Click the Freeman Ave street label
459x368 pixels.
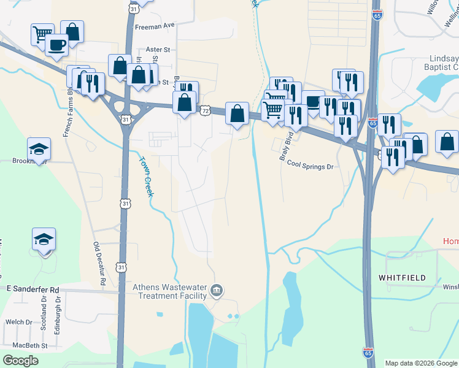click(x=155, y=26)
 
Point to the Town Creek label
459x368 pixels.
click(x=144, y=176)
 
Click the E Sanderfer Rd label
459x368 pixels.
click(x=33, y=289)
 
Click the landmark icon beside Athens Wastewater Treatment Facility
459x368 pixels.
click(x=216, y=289)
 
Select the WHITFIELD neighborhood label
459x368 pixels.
click(x=402, y=278)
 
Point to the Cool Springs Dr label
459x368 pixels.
click(x=310, y=166)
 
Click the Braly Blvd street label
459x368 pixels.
click(x=284, y=148)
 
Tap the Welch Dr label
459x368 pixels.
click(x=18, y=322)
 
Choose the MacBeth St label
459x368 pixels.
click(x=20, y=346)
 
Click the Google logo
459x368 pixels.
click(x=20, y=360)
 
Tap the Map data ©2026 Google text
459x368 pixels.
click(x=422, y=363)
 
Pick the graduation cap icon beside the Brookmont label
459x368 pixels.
click(x=39, y=148)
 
